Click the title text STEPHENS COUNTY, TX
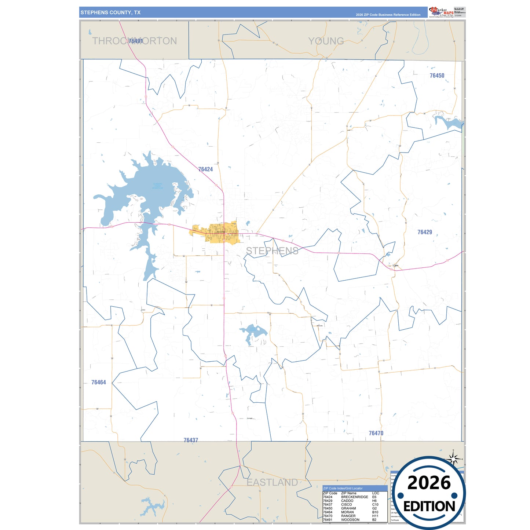(110, 12)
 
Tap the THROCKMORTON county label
(134, 41)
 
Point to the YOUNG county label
(326, 41)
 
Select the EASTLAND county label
(272, 482)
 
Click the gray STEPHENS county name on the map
(272, 251)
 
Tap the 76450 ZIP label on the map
(437, 76)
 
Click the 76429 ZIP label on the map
(425, 232)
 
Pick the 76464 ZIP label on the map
(98, 382)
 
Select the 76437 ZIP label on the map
(191, 440)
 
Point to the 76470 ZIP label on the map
(376, 433)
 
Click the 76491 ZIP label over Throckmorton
(136, 41)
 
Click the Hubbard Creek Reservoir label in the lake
(157, 186)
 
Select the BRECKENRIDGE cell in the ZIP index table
(354, 497)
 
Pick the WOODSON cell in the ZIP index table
(350, 520)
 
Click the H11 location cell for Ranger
(375, 516)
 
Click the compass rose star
(453, 458)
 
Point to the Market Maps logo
(441, 12)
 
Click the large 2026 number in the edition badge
(429, 483)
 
